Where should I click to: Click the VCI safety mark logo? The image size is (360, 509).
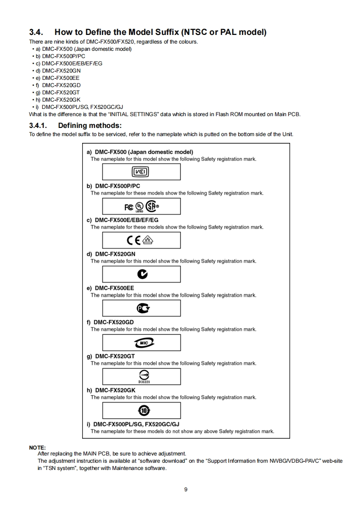(141, 172)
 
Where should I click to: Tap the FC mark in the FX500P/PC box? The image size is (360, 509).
(129, 206)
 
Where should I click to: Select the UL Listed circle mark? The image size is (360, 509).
(140, 206)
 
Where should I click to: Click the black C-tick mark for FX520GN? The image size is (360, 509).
(141, 274)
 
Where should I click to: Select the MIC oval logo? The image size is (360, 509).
(141, 343)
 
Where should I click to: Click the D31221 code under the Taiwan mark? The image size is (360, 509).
(141, 382)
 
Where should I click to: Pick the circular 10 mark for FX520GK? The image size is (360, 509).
(141, 411)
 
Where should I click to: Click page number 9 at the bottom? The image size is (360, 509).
(186, 489)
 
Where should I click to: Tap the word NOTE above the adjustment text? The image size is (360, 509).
(37, 447)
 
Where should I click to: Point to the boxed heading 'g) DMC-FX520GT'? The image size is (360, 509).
(110, 356)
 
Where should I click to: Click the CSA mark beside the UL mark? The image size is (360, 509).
(153, 206)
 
